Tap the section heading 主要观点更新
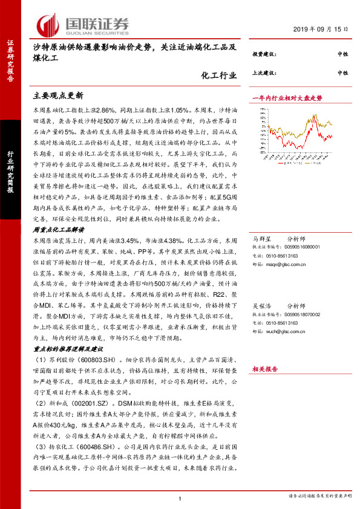tap(57, 96)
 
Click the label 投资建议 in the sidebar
tap(264, 54)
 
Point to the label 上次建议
tap(264, 73)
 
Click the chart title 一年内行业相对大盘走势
tap(287, 97)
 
